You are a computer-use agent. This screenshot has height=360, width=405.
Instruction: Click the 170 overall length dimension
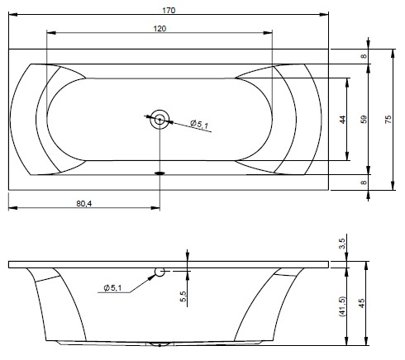(169, 11)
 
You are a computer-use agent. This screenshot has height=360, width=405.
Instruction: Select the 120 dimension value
(160, 29)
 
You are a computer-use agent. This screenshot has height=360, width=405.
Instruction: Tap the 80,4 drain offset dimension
(84, 204)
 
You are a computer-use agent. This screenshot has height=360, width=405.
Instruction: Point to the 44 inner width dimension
(342, 120)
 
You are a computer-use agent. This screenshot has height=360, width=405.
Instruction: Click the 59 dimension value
(364, 120)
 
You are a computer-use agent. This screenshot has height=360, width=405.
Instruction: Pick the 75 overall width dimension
(388, 120)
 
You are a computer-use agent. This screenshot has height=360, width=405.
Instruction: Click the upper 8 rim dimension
(364, 56)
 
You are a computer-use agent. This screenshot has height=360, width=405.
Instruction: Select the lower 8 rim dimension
(364, 182)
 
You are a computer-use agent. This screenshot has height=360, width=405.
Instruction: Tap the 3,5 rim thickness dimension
(342, 244)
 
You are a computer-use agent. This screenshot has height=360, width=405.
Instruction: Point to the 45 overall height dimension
(362, 303)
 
